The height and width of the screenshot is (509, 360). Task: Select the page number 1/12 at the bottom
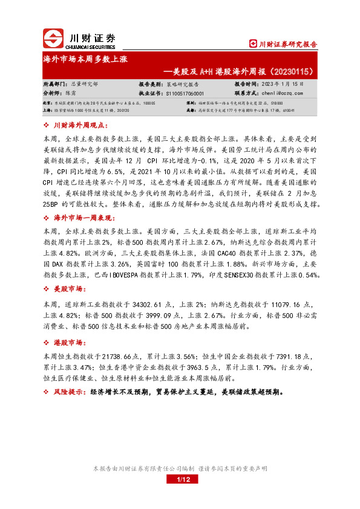click(x=183, y=479)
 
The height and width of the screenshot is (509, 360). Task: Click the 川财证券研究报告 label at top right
click(x=287, y=44)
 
